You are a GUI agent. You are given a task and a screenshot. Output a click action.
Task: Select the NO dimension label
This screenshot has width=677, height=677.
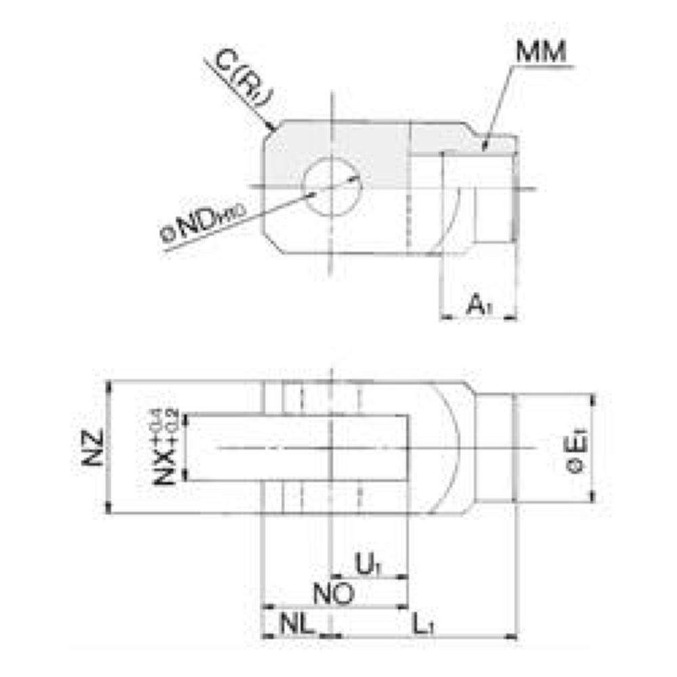point(334,595)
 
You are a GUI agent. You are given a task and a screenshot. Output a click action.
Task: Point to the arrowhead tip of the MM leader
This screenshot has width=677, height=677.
point(483,147)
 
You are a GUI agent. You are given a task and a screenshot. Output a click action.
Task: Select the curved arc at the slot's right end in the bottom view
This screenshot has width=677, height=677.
point(455,447)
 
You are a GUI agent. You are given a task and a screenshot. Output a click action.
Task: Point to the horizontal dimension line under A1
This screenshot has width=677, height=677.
point(478,317)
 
